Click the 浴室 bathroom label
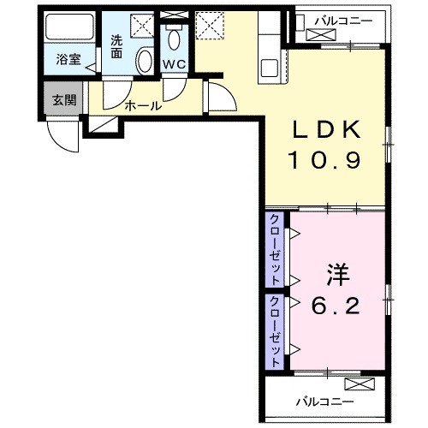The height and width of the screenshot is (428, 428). click(x=68, y=60)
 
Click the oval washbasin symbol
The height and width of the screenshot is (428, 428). click(x=145, y=62)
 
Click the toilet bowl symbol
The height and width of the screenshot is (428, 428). click(x=175, y=39)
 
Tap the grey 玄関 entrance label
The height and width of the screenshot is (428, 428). click(x=64, y=100)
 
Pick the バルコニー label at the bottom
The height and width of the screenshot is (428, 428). click(x=325, y=401)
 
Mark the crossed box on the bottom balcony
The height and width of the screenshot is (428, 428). click(x=359, y=383)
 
